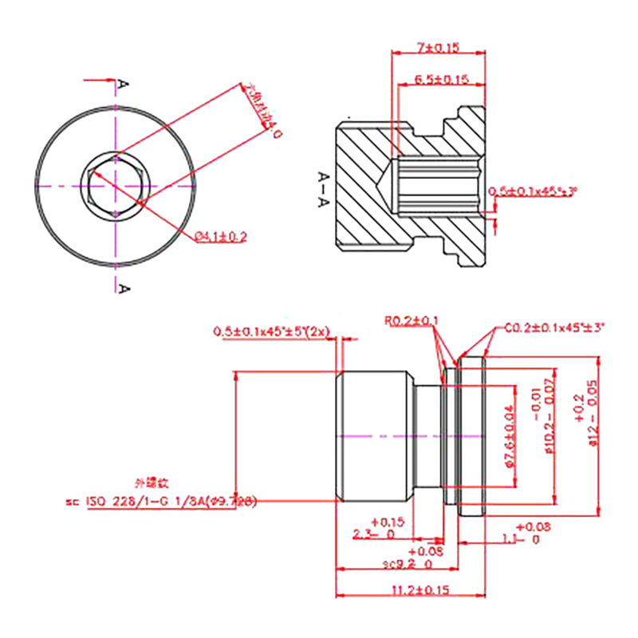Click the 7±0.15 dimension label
pos(438,48)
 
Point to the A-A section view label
pos(323,189)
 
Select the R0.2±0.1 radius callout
pos(411,321)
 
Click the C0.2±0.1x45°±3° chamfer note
pos(555,327)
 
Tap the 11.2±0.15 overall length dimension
pos(421,590)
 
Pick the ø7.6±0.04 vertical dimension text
pos(510,435)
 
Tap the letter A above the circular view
pos(123,84)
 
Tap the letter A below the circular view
pos(123,287)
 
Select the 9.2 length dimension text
pos(407,564)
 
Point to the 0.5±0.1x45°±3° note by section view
pos(532,191)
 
